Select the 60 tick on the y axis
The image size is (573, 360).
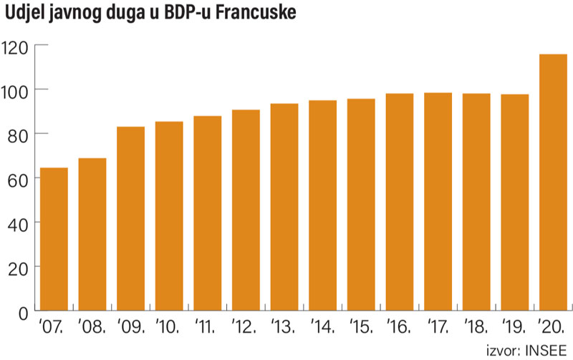[x=16, y=179]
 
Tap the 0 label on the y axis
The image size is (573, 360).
[x=21, y=312]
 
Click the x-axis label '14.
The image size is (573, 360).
[x=322, y=331]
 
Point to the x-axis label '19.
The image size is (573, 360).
[x=514, y=331]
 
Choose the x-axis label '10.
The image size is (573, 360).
[x=168, y=331]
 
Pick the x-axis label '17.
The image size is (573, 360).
[x=437, y=331]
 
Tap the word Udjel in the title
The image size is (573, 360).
[x=27, y=14]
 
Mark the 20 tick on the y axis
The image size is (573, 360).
[x=16, y=268]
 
